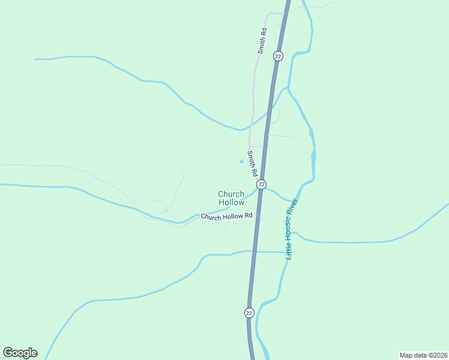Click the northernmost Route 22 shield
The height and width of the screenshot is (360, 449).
[277, 56]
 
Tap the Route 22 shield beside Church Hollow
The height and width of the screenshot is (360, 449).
[261, 184]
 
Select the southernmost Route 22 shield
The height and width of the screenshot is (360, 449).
[249, 313]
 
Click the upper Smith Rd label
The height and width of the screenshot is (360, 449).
[262, 41]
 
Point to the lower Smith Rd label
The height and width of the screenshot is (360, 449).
[253, 163]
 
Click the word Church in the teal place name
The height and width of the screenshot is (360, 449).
[231, 194]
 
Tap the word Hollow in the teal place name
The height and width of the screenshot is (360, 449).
[231, 202]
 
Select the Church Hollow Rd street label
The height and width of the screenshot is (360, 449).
[226, 216]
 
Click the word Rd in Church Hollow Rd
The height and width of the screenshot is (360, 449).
[247, 215]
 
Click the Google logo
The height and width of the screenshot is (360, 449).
[20, 353]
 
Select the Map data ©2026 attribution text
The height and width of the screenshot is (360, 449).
[423, 355]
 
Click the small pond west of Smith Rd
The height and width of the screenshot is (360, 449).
[241, 161]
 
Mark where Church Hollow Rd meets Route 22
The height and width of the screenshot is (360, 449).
[258, 215]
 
